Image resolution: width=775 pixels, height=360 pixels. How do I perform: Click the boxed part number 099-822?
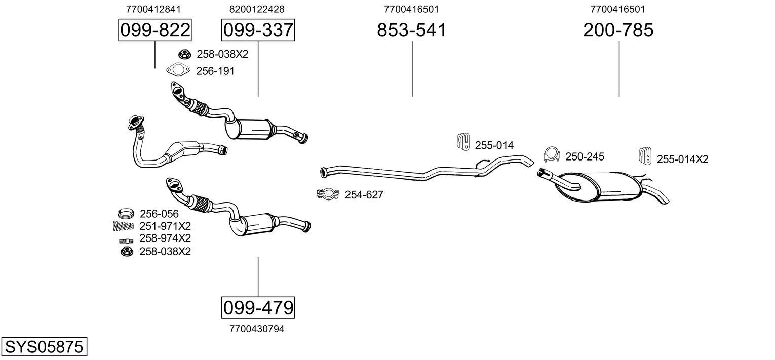click(154, 30)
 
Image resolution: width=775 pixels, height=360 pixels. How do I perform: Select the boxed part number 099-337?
click(258, 30)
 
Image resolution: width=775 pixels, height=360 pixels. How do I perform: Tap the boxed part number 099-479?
click(258, 307)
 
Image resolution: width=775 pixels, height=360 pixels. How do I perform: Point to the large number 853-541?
click(412, 30)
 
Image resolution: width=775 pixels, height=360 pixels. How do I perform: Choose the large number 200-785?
click(618, 30)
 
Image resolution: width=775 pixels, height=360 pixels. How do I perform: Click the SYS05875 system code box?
click(44, 347)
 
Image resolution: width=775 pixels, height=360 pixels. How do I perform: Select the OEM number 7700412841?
click(153, 9)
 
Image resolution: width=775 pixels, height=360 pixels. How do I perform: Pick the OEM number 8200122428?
click(257, 9)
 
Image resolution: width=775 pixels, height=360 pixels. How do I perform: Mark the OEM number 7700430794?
click(257, 329)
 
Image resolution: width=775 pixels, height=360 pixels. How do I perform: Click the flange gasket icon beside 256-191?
click(178, 71)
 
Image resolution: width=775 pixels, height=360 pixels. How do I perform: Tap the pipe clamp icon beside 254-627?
click(328, 194)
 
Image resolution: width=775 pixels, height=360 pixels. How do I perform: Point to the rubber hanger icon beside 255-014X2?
click(644, 156)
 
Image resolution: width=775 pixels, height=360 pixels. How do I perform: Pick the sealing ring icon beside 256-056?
click(126, 213)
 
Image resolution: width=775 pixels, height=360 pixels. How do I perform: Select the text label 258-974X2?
click(165, 238)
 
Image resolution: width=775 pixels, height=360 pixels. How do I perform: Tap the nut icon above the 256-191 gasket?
click(184, 54)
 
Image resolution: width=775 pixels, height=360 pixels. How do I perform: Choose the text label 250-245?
click(585, 157)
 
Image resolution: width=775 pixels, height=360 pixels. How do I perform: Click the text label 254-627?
click(364, 195)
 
